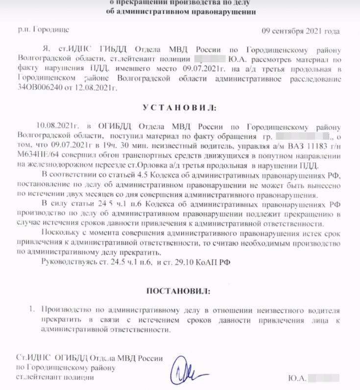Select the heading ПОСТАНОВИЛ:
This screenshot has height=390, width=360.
point(178,291)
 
